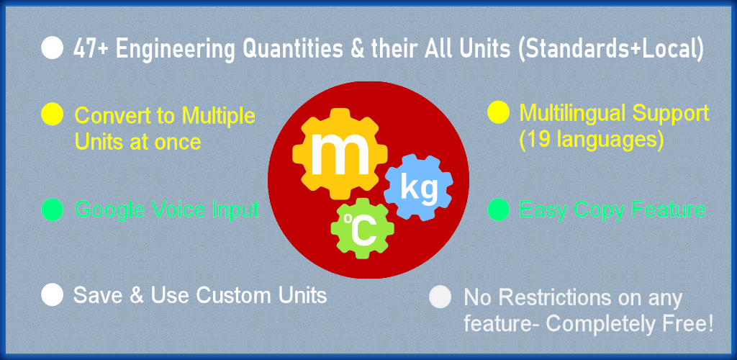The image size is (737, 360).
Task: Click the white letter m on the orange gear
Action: pos(340,153)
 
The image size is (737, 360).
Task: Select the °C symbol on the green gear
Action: pos(360,230)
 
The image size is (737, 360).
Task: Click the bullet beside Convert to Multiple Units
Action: pos(52,114)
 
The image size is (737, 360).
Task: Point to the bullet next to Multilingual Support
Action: pos(499,112)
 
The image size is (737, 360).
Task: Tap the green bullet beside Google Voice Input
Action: pos(52,210)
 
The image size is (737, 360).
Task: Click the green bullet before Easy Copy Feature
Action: pos(499,210)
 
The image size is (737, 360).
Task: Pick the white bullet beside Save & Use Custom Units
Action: pos(52,294)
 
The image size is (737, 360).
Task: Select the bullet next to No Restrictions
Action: pos(440,297)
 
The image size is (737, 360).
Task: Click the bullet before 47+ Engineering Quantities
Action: pos(52,48)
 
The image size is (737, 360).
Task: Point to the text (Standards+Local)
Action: pos(610,50)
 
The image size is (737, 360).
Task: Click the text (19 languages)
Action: pos(592,140)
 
